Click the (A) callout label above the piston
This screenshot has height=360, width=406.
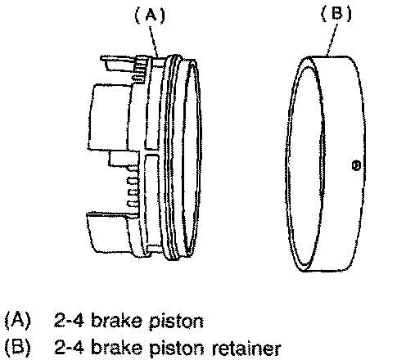pos(151,15)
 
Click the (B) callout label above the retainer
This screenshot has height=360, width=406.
pos(336,13)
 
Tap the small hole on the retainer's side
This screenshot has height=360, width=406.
pos(357,165)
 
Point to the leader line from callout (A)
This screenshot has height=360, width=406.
pos(154,42)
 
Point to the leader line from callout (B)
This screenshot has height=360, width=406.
pos(332,40)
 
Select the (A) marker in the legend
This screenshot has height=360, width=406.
pos(18,320)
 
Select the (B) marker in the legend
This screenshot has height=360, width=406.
pos(18,348)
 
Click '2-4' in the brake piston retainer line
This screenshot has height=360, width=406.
pos(68,347)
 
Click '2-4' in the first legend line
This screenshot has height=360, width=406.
pos(68,320)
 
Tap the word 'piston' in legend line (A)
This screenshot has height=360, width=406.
pos(176,322)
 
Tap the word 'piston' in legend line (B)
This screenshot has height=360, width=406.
pos(176,349)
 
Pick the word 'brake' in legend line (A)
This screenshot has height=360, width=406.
pos(116,320)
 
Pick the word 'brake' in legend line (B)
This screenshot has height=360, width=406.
pos(116,348)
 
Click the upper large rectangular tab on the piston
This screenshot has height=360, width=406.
pos(110,117)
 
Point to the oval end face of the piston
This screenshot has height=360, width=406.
pos(192,158)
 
